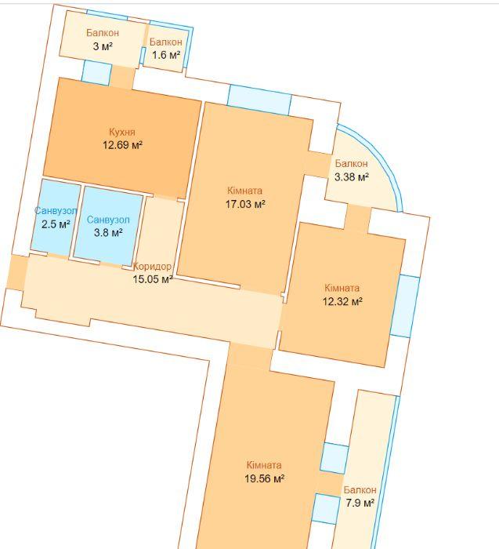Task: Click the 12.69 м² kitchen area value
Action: [122, 145]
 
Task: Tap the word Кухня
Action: [122, 132]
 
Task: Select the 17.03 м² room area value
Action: [245, 204]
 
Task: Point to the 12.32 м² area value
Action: [342, 301]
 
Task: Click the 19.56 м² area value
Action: [264, 478]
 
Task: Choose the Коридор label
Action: [153, 267]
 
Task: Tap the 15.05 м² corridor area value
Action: [153, 279]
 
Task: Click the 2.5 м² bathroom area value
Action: [56, 224]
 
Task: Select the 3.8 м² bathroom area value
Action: [108, 232]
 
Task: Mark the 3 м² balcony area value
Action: [103, 46]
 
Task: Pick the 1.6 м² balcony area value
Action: [166, 55]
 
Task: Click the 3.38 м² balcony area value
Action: [352, 177]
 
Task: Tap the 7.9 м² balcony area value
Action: [360, 504]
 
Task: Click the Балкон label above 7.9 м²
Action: [360, 490]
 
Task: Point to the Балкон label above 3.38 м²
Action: [352, 163]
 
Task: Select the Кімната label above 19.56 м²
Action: [264, 465]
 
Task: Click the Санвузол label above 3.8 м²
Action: [108, 220]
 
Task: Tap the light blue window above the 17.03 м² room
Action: [259, 100]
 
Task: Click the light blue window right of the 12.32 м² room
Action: [405, 307]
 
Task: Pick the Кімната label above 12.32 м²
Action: [342, 288]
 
